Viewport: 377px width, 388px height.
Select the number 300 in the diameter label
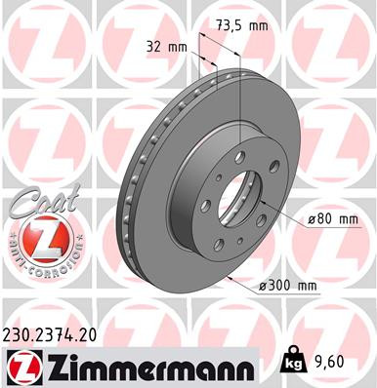click(275, 286)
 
